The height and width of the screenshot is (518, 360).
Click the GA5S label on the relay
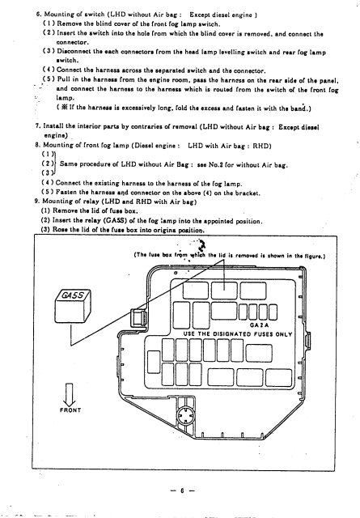coord(73,295)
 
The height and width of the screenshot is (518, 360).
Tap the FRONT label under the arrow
coord(70,410)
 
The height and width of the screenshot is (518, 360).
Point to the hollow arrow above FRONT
coord(70,394)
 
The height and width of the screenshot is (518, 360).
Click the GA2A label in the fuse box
coord(259,325)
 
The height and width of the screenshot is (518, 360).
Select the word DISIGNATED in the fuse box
coord(232,333)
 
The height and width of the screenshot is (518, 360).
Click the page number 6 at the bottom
coord(182,490)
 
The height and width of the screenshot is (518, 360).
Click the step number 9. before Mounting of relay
coord(36,202)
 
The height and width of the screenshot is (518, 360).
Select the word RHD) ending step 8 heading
coord(262,146)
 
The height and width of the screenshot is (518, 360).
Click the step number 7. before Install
coord(38,126)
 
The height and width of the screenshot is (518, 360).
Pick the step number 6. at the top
coord(39,15)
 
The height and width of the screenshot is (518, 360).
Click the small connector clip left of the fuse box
coord(138,318)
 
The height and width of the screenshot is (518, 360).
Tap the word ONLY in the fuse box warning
coord(284,334)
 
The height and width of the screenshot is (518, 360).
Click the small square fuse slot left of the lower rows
coord(154,362)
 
